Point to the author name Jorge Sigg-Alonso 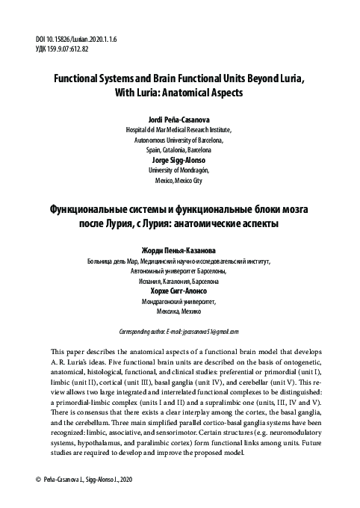[179, 159]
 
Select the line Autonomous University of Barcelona [179, 140]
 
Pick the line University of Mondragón [179, 170]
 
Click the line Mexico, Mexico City [179, 180]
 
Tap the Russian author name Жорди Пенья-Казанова [179, 250]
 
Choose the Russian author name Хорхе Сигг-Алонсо [179, 291]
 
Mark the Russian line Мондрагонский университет [179, 302]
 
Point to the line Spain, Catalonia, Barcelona [179, 149]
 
